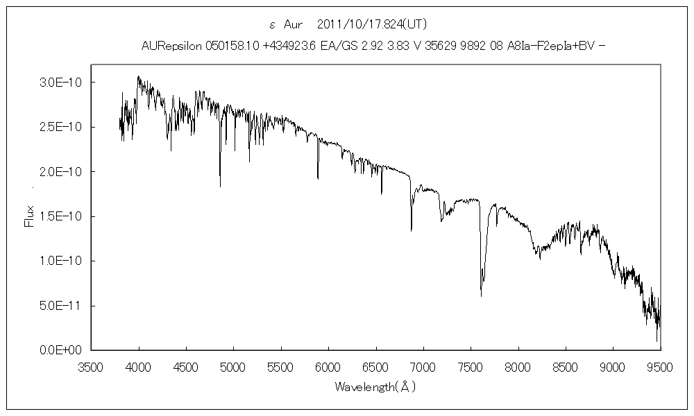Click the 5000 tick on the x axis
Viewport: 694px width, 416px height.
pos(234,367)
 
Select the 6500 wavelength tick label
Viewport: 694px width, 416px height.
pos(375,367)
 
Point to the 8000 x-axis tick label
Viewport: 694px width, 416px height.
pos(518,367)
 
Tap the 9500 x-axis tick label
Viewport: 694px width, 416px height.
pos(659,367)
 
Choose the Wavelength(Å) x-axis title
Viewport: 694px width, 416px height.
pos(375,387)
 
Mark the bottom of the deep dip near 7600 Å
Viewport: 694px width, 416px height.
pos(481,296)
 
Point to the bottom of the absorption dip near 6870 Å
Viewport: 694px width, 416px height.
pos(411,230)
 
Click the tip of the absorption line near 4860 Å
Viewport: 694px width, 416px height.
pos(220,187)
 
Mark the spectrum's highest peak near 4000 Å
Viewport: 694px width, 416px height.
pos(138,76)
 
